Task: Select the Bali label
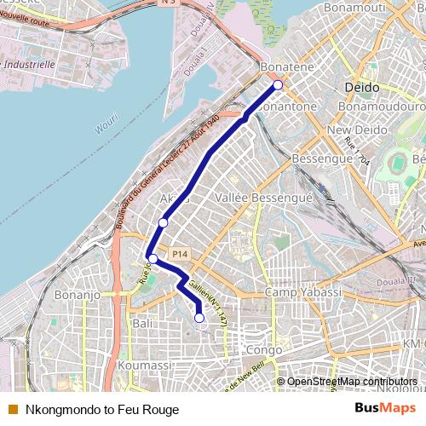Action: pos(142,324)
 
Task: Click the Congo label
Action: pos(262,349)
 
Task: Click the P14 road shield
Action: pos(178,254)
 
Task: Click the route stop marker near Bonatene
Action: pos(278,84)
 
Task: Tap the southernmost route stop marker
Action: pos(199,318)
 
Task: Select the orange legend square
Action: pos(13,410)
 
